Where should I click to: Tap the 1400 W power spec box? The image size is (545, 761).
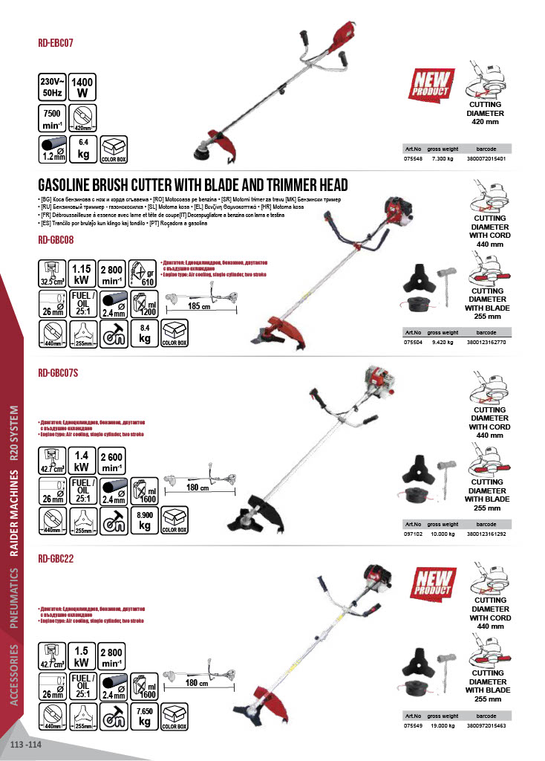pos(82,88)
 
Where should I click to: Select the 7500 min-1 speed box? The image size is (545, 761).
pos(51,119)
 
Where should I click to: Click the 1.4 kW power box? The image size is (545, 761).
pos(82,462)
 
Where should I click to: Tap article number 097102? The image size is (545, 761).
pos(412,534)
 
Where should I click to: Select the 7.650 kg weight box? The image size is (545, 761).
pos(146,716)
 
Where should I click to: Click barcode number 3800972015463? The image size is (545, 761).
pos(486,725)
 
